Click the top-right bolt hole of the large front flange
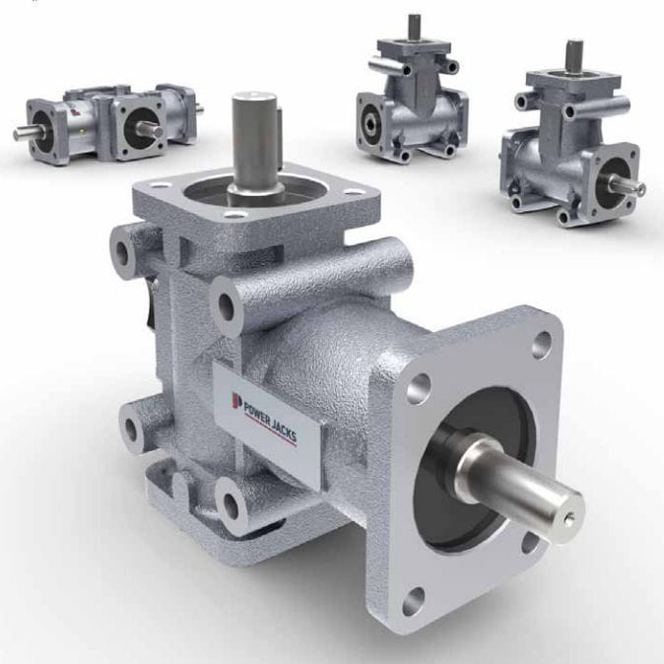[542, 347]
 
